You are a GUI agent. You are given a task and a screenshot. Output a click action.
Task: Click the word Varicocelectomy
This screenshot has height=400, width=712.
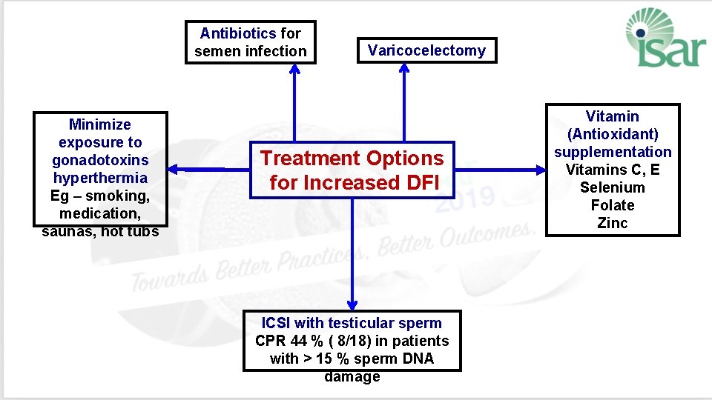pyautogui.click(x=426, y=51)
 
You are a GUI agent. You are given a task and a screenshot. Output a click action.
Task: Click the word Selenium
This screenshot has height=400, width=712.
pyautogui.click(x=613, y=187)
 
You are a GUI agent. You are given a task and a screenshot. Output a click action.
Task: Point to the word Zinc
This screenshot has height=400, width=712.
pyautogui.click(x=613, y=223)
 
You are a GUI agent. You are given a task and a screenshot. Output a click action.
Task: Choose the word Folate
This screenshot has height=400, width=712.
pyautogui.click(x=613, y=205)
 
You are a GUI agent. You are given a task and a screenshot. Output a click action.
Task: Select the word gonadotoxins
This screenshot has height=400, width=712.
pyautogui.click(x=100, y=160)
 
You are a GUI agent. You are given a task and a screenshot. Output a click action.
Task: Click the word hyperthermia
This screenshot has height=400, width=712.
pyautogui.click(x=100, y=178)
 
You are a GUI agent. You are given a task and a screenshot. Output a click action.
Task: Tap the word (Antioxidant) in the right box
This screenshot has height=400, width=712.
pyautogui.click(x=613, y=134)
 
